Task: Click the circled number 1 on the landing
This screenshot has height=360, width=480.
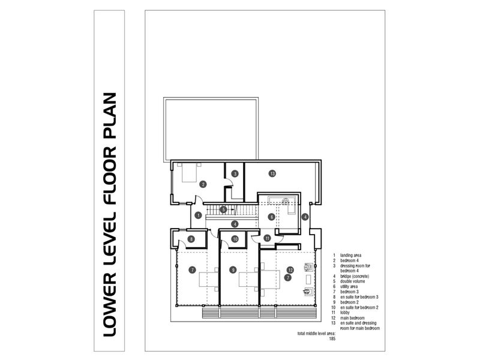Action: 197,215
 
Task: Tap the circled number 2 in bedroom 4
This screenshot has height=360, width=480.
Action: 203,184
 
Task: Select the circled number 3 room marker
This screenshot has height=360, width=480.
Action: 235,173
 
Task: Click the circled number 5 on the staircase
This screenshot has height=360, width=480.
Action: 223,209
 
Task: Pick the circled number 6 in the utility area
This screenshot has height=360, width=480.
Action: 271,217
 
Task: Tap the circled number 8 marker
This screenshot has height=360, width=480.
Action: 191,239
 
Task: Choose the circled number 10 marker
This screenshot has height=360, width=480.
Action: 235,239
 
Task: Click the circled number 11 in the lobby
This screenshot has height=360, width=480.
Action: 267,238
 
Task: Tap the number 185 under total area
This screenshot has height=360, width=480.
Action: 332,339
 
